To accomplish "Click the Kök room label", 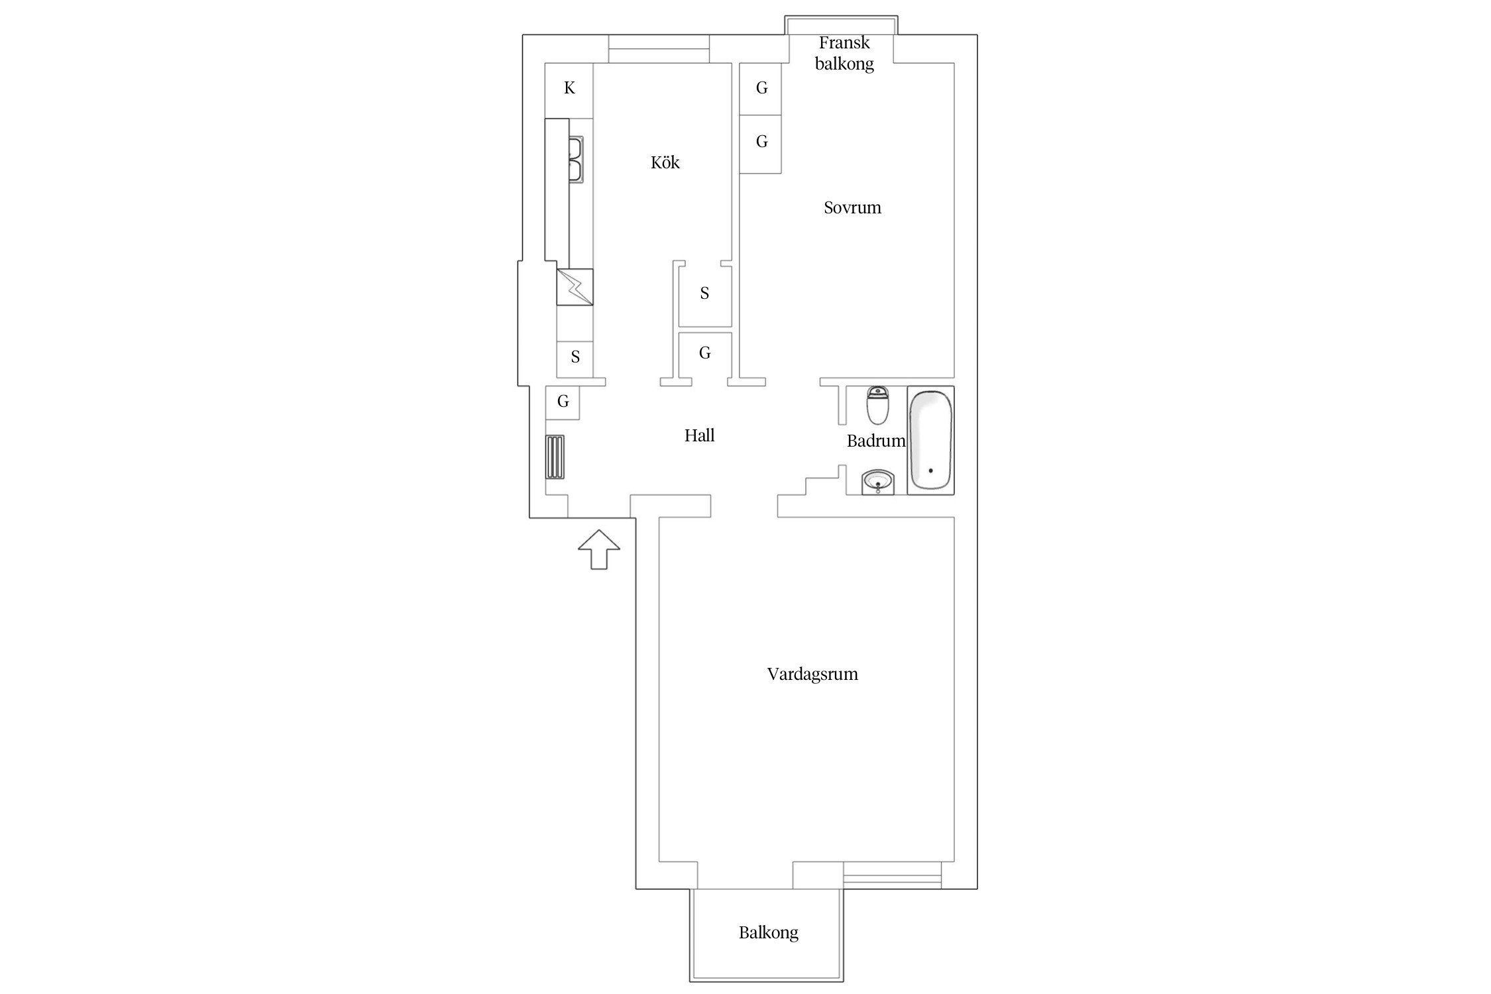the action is click(665, 162).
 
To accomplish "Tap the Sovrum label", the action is click(852, 207).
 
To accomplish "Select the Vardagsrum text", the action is click(812, 674).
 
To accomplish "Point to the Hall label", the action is click(699, 435).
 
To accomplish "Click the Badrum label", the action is click(876, 441).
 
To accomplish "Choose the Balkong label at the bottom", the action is click(769, 933).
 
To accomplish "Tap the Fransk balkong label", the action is click(844, 53).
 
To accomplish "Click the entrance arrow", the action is click(599, 549).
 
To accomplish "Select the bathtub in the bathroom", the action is click(930, 440).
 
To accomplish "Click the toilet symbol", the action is click(878, 406).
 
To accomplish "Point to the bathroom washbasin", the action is click(879, 482).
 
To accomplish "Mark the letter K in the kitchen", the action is click(569, 87).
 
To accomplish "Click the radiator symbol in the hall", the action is click(555, 457).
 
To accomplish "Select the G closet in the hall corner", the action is click(563, 402).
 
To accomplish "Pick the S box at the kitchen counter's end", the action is click(575, 359).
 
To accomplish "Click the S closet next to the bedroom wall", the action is click(705, 294).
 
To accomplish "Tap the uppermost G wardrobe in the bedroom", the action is click(761, 88).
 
